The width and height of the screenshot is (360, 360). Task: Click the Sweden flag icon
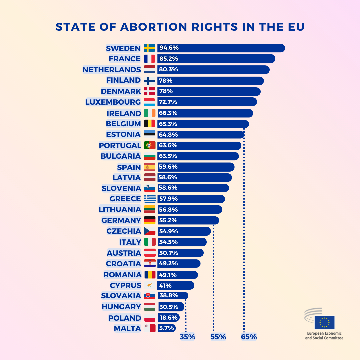tap(149, 48)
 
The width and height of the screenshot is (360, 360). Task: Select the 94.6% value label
tap(169, 48)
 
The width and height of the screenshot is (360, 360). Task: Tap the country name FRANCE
tap(125, 59)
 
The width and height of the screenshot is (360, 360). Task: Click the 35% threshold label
tap(188, 337)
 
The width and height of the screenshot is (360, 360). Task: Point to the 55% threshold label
tap(218, 337)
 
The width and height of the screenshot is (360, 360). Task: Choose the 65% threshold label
tap(249, 337)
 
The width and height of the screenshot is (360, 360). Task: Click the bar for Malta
tap(166, 328)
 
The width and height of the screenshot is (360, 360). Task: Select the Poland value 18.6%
tap(169, 318)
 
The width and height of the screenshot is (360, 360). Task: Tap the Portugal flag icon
tap(150, 145)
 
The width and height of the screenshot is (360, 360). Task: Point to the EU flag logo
tap(324, 322)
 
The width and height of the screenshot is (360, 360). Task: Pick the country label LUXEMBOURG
tap(113, 102)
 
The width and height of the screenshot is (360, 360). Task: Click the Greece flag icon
tap(150, 199)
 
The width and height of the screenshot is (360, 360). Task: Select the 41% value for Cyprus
tap(165, 285)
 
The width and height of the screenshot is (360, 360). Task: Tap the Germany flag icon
tap(150, 220)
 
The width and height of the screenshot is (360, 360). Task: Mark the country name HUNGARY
tap(121, 307)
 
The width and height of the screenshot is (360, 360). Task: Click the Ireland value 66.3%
tap(168, 113)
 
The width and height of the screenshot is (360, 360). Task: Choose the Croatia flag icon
tap(150, 263)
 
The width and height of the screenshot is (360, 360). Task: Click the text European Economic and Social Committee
tap(324, 336)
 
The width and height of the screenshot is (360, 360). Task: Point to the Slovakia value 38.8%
tap(168, 295)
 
